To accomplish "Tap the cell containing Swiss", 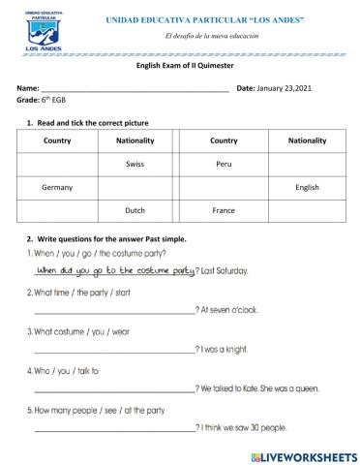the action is click(135, 164).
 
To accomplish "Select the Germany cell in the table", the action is click(58, 186).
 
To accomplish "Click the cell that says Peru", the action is click(224, 164).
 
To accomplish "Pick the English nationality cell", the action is click(307, 186).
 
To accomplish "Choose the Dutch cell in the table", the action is click(135, 209).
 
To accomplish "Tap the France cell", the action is click(224, 209).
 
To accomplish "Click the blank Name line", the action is click(135, 88).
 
